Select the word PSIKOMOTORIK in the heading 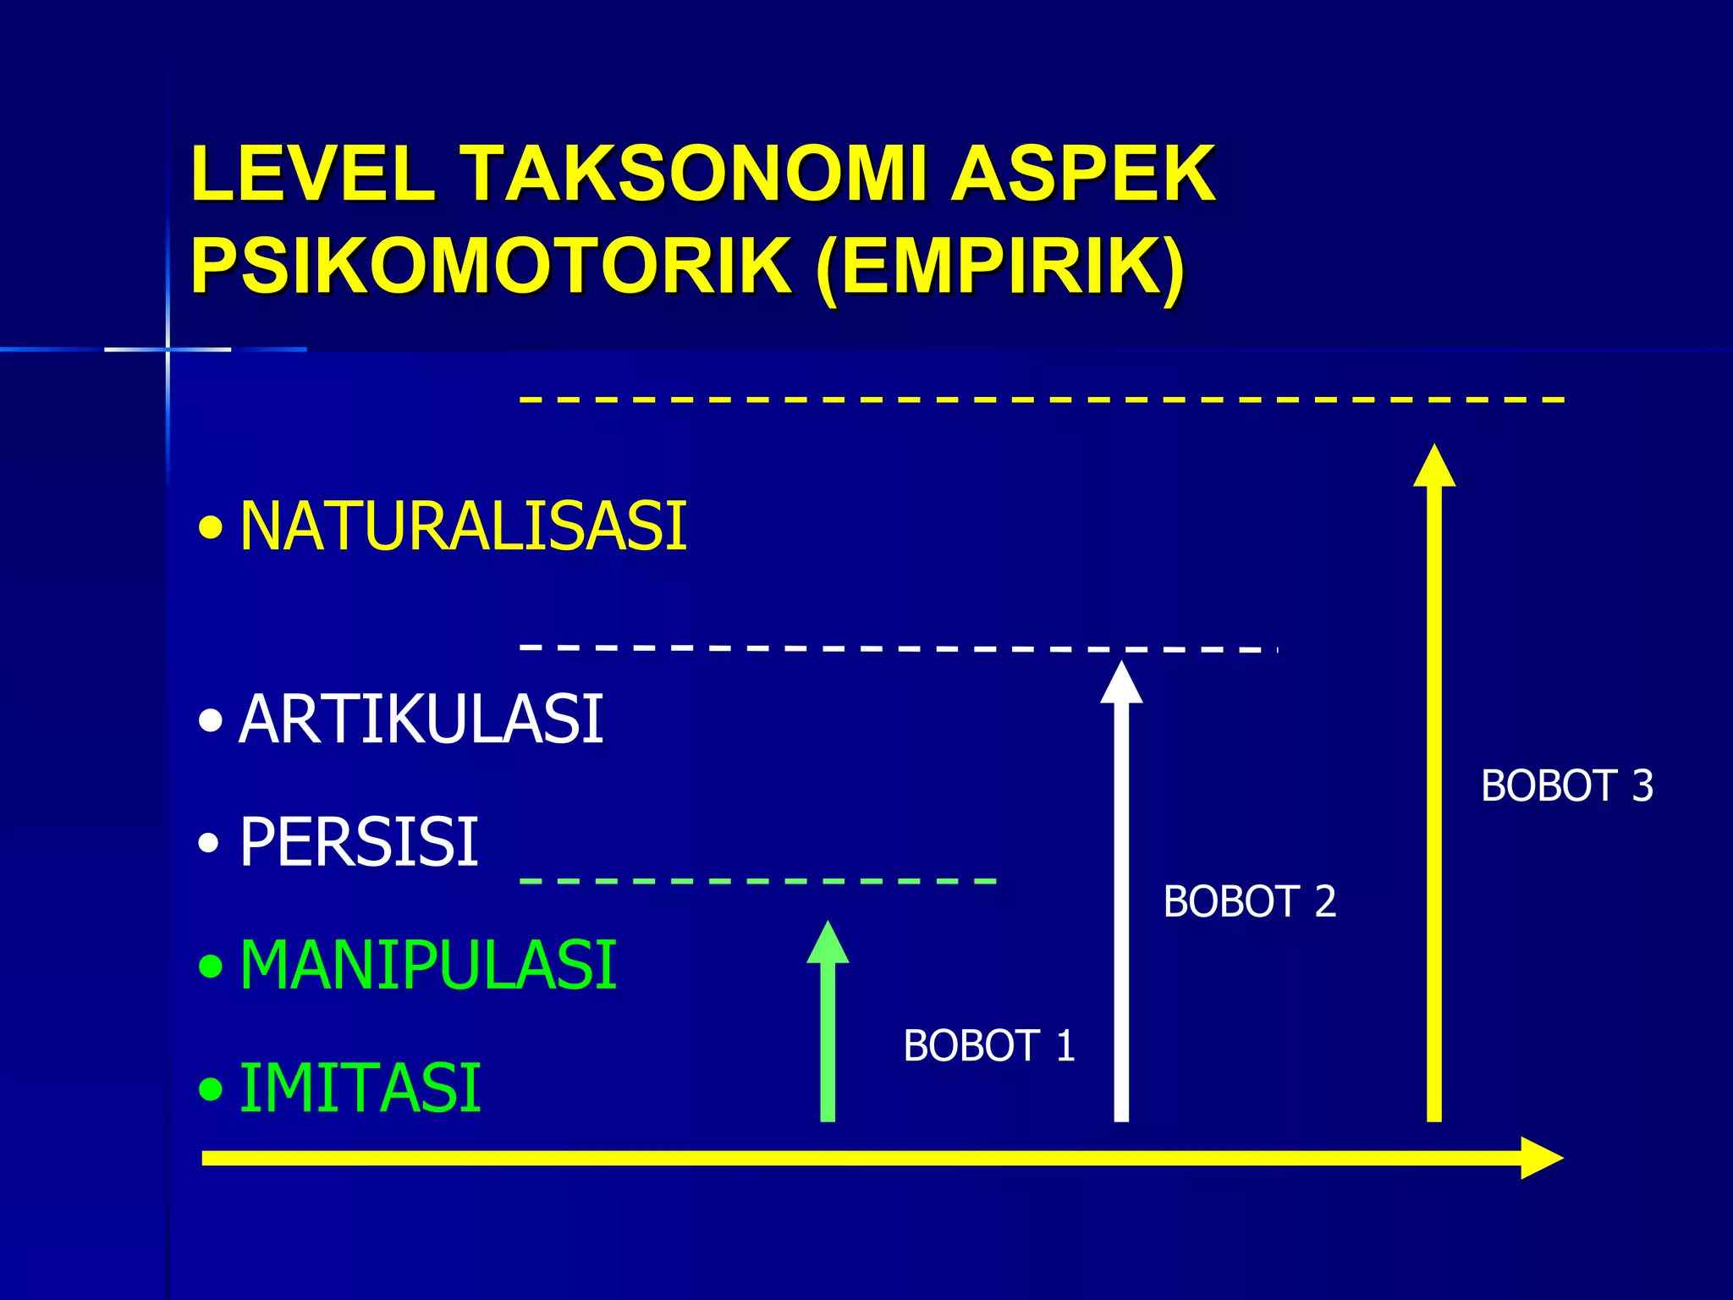click(491, 266)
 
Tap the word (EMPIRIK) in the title click(1000, 267)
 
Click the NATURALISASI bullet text click(463, 526)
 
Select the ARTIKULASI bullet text click(421, 719)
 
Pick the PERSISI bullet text click(359, 842)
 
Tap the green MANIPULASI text click(427, 965)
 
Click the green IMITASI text click(360, 1088)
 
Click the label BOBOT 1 click(988, 1046)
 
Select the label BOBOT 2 click(1249, 901)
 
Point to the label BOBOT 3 click(1566, 786)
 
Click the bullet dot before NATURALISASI click(211, 530)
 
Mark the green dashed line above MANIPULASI click(757, 881)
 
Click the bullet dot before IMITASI click(211, 1089)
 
